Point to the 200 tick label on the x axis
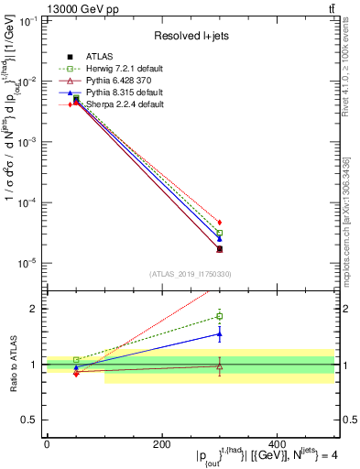[x=162, y=443]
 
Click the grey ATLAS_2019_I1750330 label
[x=190, y=274]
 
